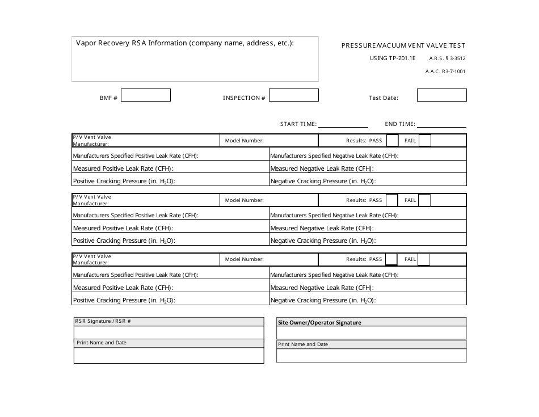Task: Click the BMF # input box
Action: [x=146, y=95]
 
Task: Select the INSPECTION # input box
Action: [x=293, y=95]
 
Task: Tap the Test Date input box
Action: [x=441, y=95]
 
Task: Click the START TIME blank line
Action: [x=343, y=124]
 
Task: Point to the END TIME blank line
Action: [x=441, y=124]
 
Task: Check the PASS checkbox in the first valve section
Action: [x=391, y=141]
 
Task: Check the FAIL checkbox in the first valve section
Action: [x=424, y=141]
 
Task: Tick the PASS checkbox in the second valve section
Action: [x=391, y=200]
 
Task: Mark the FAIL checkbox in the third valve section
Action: [x=424, y=259]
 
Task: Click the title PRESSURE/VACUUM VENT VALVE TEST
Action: [x=403, y=45]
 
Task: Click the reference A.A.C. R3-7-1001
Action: [x=445, y=71]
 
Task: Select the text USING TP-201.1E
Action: [x=393, y=58]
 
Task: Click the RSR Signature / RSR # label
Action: [x=103, y=321]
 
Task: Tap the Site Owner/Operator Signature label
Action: [x=319, y=322]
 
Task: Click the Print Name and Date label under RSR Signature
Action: [x=102, y=343]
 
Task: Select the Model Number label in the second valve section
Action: [x=244, y=200]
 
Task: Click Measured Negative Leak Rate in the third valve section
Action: [x=321, y=288]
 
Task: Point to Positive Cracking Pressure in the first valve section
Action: [x=124, y=181]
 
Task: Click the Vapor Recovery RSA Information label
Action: [x=185, y=43]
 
